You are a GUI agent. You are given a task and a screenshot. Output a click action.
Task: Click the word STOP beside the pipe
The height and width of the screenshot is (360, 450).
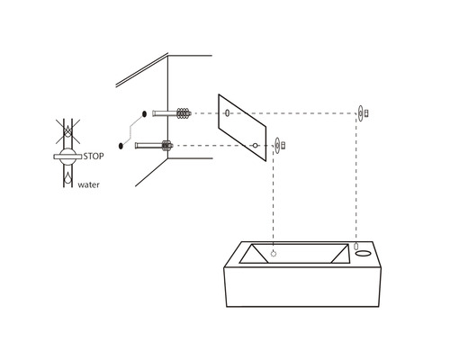point(94,156)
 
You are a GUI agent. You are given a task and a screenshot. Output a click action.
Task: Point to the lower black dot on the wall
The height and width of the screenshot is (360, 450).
point(121,144)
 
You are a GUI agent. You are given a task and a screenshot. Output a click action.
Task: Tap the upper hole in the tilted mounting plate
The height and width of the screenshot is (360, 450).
point(228,113)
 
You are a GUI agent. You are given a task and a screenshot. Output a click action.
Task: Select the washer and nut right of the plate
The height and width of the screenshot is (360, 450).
point(279,144)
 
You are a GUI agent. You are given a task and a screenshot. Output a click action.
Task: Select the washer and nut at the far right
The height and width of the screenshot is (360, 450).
point(361,113)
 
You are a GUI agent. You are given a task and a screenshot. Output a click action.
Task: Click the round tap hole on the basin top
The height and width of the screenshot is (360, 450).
point(365,252)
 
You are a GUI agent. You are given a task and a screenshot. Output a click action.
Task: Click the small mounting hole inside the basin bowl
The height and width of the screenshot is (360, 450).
point(274,253)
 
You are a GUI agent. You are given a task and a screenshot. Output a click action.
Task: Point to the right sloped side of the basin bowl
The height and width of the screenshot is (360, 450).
point(346,254)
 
